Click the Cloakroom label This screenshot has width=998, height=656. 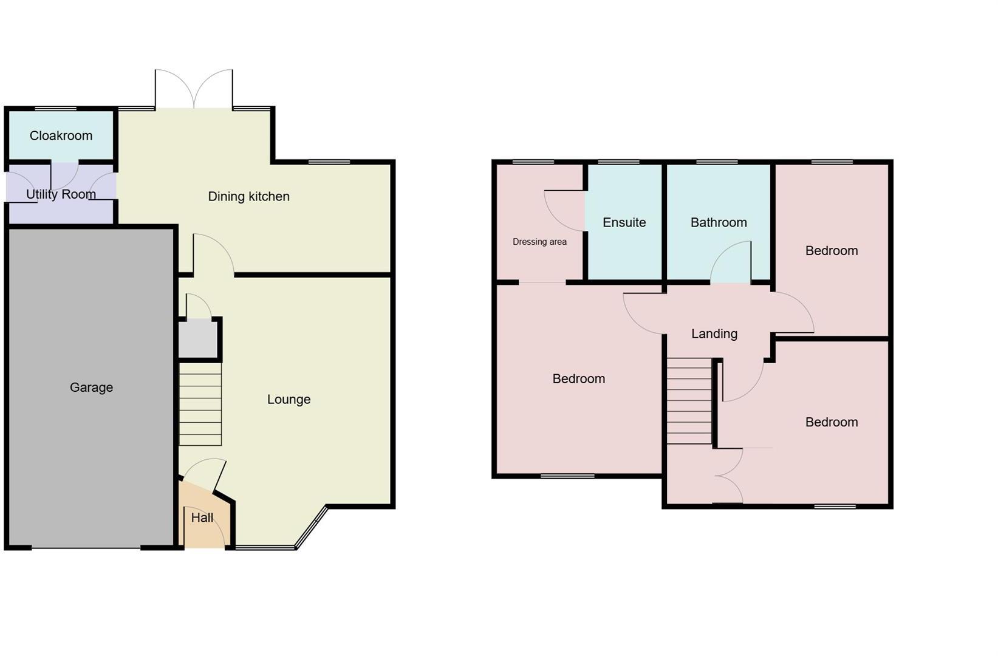pos(61,135)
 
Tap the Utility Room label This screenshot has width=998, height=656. pos(61,194)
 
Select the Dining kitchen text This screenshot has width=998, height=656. pos(248,196)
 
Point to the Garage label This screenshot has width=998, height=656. pos(91,388)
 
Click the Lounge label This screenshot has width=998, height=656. pos(289,399)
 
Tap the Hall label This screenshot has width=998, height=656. pos(202,518)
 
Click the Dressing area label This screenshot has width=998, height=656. pos(539,242)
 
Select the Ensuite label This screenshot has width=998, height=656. pos(624,222)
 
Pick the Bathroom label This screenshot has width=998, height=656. pos(719,222)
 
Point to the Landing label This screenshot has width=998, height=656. pos(714,333)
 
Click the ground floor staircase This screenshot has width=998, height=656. pos(200,404)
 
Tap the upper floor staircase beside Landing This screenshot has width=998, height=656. pos(689,401)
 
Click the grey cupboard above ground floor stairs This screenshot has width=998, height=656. pos(198,339)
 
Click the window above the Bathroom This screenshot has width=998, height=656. pos(717,162)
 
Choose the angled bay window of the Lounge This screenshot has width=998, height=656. pos(311,527)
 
